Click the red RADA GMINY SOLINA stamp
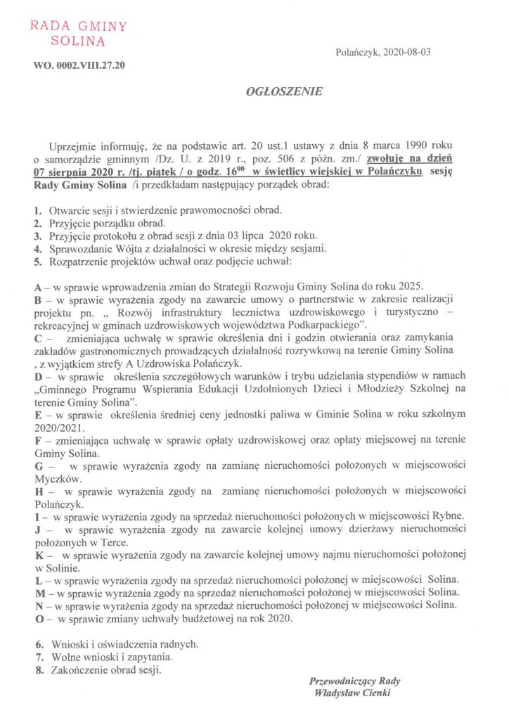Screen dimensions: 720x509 tap(77, 33)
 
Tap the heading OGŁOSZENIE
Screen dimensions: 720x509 tap(274, 92)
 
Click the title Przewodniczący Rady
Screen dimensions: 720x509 tap(354, 681)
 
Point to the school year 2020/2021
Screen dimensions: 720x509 tap(60, 426)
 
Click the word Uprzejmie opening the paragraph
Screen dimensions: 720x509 tap(75, 146)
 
